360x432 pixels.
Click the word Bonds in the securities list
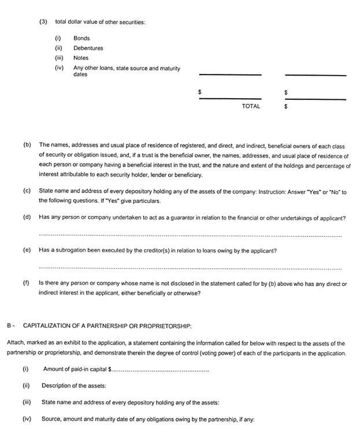[x=81, y=38]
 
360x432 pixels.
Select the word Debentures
[x=88, y=48]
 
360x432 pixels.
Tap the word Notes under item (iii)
[x=81, y=58]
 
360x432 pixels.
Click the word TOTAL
[x=251, y=106]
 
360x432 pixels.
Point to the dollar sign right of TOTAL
[x=286, y=107]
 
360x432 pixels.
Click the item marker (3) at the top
[x=43, y=22]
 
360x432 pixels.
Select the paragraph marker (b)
[x=27, y=144]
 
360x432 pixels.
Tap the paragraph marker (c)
[x=27, y=191]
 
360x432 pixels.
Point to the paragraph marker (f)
[x=27, y=284]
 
